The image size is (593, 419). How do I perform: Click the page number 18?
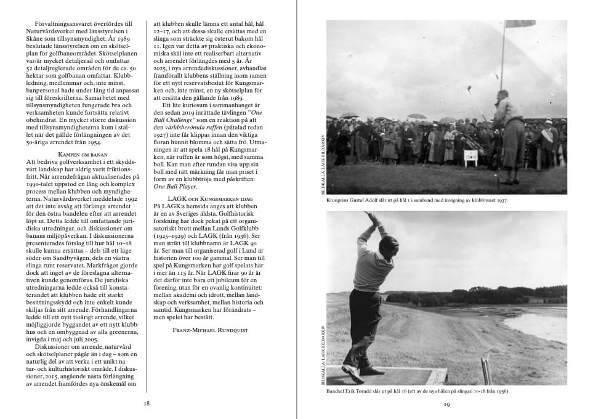(x=147, y=404)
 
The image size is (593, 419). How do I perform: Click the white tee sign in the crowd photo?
(x=471, y=158)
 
